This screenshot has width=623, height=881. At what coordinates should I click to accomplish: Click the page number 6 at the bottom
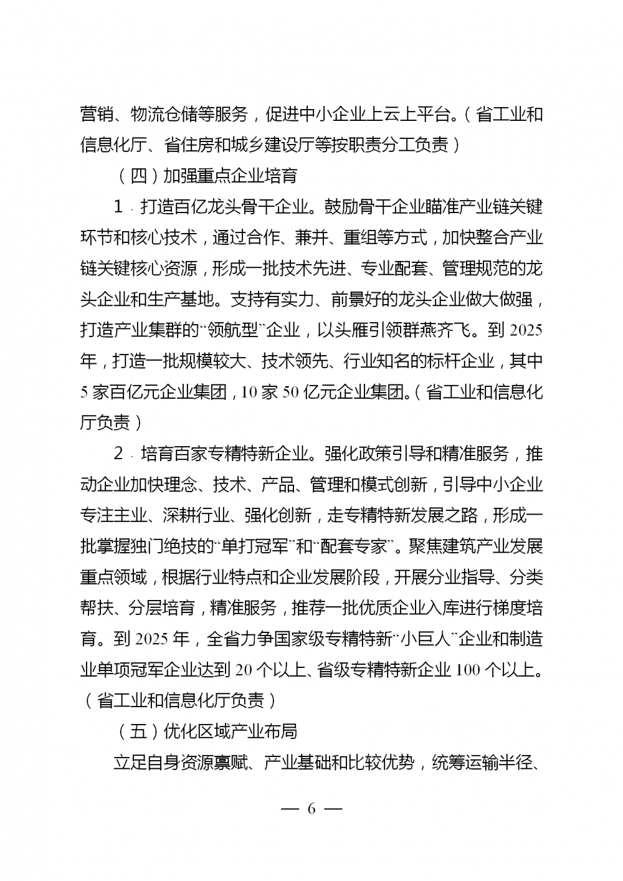pos(311,809)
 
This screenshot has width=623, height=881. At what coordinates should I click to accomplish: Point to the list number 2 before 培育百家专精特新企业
pos(118,454)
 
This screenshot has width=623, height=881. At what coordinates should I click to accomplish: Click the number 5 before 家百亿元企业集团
pos(84,393)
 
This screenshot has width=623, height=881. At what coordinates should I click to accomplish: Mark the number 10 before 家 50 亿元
pos(249,393)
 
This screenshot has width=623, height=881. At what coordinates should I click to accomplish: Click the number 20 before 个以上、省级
pos(244,670)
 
